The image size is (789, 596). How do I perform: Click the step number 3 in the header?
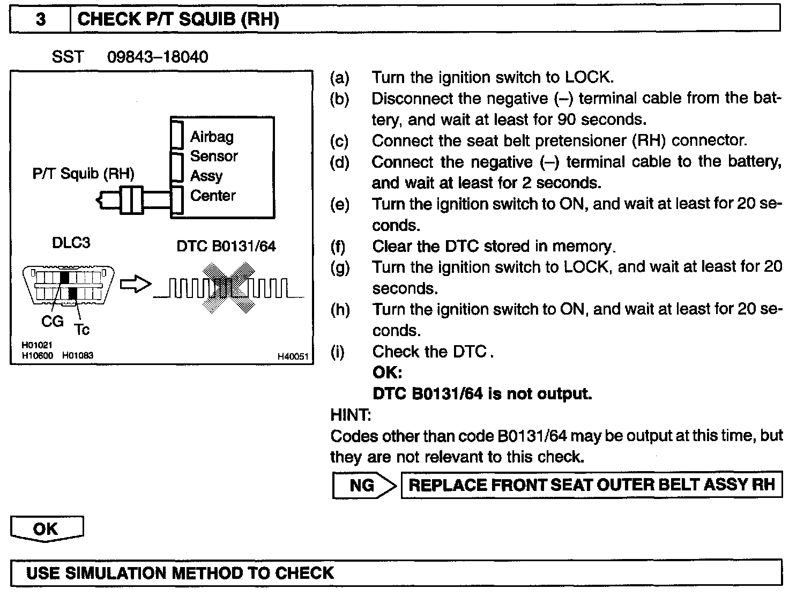coord(41,20)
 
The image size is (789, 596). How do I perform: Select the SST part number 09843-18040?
coord(158,57)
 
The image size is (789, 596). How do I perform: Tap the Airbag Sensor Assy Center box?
coord(222,167)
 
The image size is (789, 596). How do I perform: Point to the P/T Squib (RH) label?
coord(83,173)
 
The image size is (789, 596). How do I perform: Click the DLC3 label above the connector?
coord(71,243)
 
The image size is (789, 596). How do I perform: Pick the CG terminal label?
coord(53,322)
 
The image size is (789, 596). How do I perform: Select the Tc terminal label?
coord(82,330)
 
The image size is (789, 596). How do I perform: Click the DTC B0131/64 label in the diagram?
coord(226,246)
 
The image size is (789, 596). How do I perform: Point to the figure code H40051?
coord(293,356)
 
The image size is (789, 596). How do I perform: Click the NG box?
coord(362,486)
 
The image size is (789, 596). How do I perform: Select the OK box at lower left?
coord(46,529)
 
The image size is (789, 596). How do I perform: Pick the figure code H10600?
coord(37,355)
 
